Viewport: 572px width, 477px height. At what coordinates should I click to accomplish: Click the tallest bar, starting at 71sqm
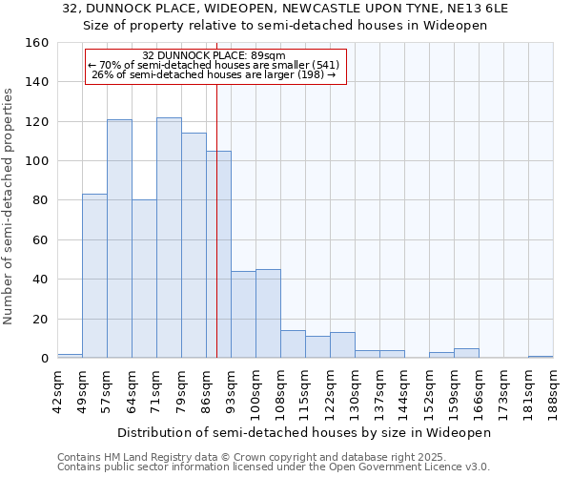[169, 238]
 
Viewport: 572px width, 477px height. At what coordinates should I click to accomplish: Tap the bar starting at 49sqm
[94, 277]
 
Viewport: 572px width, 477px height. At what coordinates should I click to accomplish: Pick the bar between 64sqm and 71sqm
[144, 279]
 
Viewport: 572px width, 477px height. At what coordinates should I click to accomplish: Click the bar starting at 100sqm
[268, 314]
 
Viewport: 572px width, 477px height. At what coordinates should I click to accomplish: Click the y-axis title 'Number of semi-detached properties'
[9, 200]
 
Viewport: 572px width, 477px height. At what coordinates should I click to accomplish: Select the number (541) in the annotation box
[321, 65]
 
